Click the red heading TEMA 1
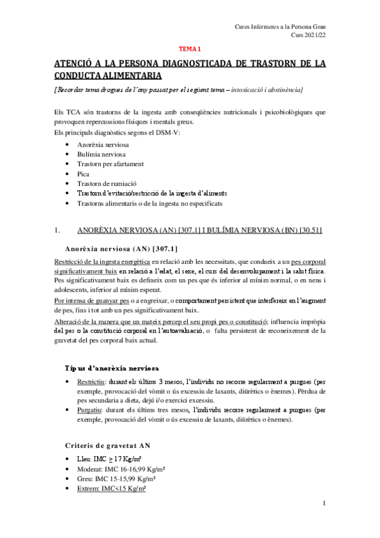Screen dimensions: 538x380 click(x=188, y=48)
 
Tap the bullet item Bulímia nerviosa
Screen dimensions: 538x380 click(x=101, y=154)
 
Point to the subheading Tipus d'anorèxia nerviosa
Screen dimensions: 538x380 click(x=112, y=368)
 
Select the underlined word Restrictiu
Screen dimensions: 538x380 click(x=91, y=383)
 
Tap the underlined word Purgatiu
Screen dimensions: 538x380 click(x=90, y=410)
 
